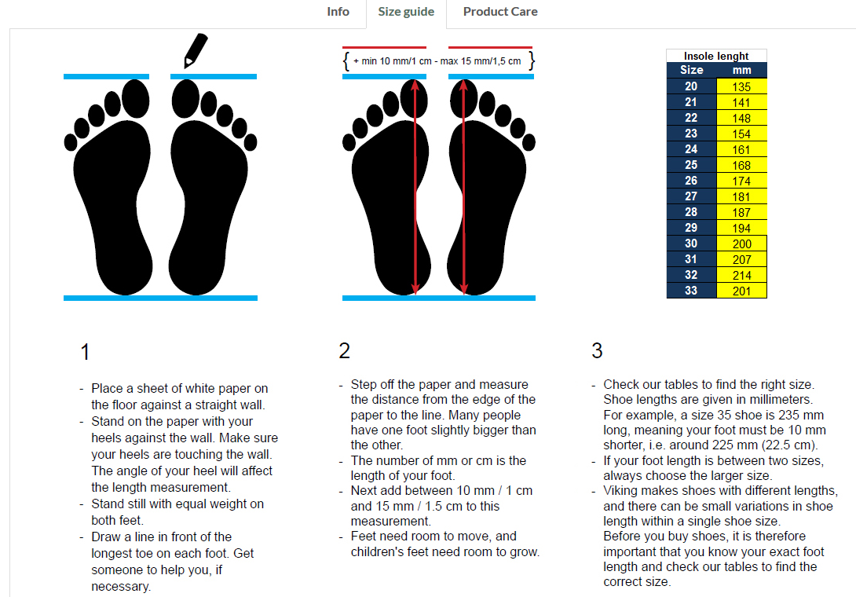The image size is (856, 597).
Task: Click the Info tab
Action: click(338, 12)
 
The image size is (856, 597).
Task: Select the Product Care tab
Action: click(500, 12)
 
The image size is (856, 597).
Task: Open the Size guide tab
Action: click(406, 12)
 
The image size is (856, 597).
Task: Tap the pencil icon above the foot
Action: click(194, 49)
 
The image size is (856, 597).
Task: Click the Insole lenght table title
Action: click(716, 56)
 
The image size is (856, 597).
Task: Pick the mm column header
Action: click(741, 70)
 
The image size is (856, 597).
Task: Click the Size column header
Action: click(691, 70)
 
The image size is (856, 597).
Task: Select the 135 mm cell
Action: click(741, 86)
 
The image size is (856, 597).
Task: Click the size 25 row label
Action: click(691, 165)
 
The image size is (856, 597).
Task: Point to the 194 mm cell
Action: click(741, 228)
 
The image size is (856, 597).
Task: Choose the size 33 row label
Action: click(691, 291)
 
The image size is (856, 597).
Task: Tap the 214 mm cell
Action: click(741, 275)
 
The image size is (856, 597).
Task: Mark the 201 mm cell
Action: click(741, 291)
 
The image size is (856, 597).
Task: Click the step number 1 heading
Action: click(85, 352)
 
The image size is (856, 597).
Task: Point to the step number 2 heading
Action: click(344, 351)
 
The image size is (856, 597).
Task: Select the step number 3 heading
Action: click(597, 351)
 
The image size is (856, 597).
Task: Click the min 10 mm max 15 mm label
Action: click(437, 60)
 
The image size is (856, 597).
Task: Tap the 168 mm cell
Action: click(741, 165)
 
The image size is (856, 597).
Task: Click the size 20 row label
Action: click(691, 86)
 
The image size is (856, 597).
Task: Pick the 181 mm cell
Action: click(741, 196)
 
